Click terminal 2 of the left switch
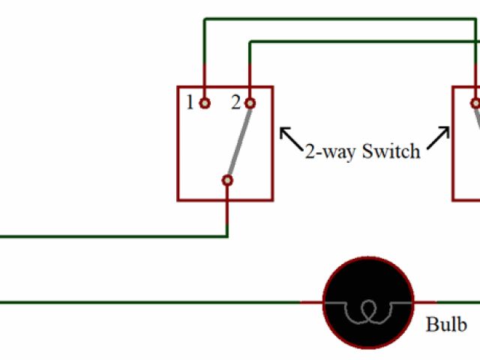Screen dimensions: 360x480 pyautogui.click(x=250, y=102)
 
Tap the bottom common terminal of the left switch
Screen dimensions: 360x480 pyautogui.click(x=227, y=180)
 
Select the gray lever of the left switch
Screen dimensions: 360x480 pyautogui.click(x=239, y=141)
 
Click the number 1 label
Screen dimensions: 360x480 pyautogui.click(x=190, y=102)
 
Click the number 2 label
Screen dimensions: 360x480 pyautogui.click(x=235, y=102)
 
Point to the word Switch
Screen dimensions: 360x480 pyautogui.click(x=391, y=151)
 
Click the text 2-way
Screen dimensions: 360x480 pyautogui.click(x=331, y=151)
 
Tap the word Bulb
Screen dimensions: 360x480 pyautogui.click(x=446, y=325)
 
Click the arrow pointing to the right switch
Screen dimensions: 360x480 pyautogui.click(x=440, y=134)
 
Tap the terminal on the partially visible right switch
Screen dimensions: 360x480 pyautogui.click(x=474, y=103)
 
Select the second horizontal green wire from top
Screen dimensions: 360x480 pyautogui.click(x=360, y=43)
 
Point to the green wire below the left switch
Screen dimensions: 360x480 pyautogui.click(x=112, y=236)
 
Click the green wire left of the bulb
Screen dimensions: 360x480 pyautogui.click(x=150, y=302)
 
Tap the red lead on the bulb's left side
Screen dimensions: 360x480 pyautogui.click(x=312, y=302)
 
